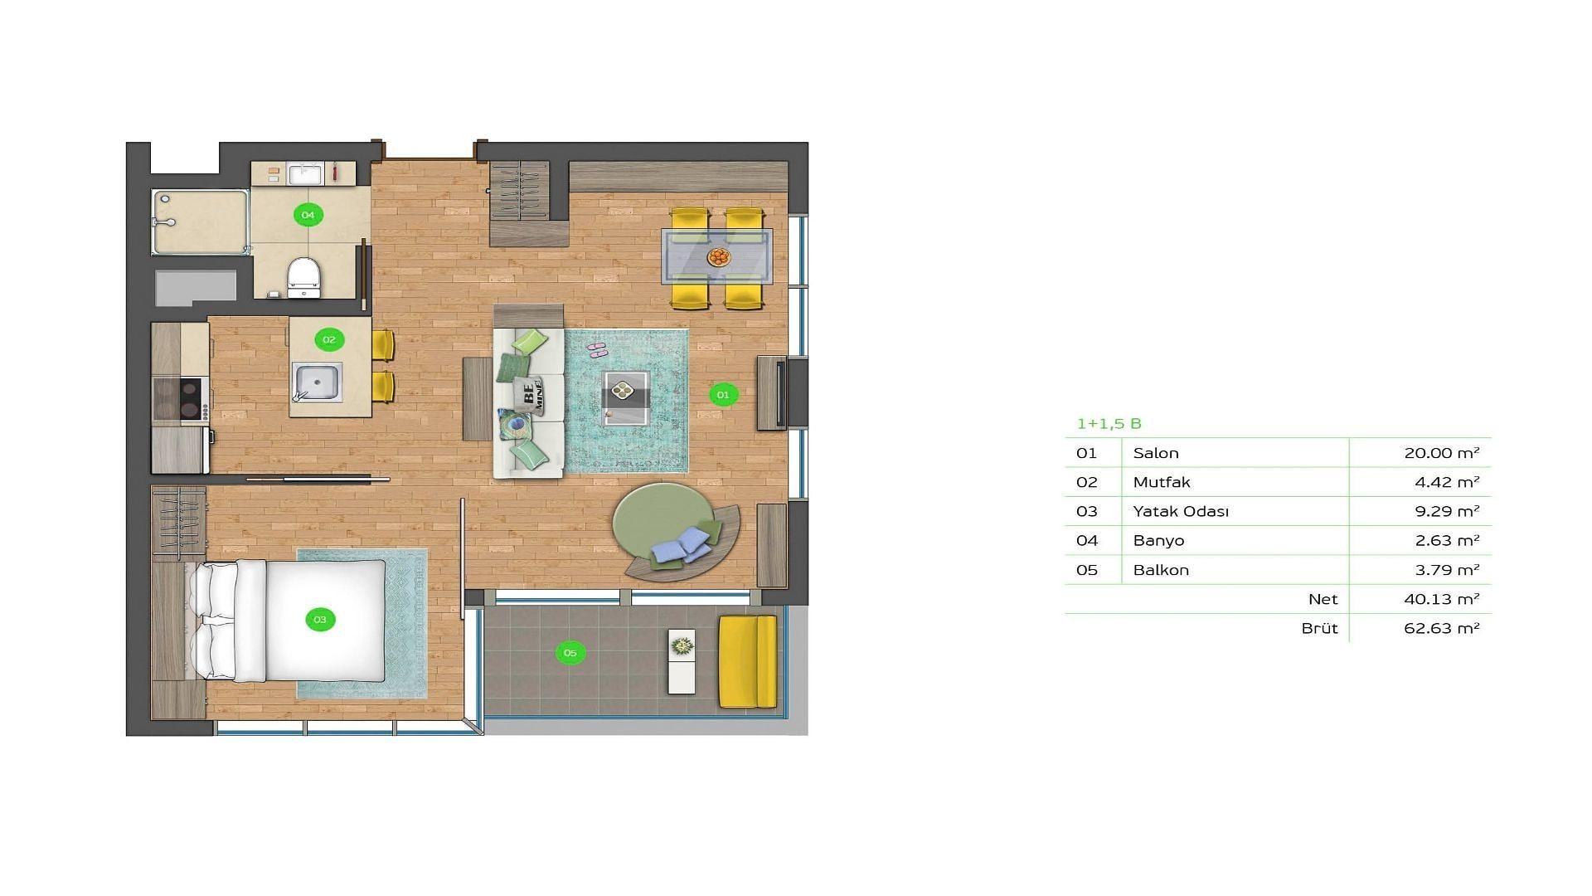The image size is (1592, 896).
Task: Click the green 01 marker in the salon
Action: tap(723, 395)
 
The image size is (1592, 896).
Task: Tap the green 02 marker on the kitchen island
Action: tap(329, 339)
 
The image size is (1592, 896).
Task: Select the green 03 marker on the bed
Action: tap(320, 620)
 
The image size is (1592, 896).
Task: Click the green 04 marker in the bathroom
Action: tap(308, 215)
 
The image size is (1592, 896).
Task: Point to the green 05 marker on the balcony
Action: tap(570, 653)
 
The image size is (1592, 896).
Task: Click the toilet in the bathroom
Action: tap(303, 276)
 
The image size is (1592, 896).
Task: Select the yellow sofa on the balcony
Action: tap(747, 661)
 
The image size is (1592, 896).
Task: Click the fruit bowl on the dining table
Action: tap(719, 256)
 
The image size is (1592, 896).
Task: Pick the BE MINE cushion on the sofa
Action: tap(528, 393)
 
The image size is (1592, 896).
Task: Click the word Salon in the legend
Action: tap(1156, 453)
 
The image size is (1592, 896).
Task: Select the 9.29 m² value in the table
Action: tap(1447, 511)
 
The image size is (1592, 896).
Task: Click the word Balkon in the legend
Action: tap(1161, 570)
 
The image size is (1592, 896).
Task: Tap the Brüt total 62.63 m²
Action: tap(1442, 628)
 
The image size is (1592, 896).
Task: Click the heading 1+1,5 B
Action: tap(1109, 424)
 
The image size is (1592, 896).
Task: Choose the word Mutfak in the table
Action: tap(1162, 482)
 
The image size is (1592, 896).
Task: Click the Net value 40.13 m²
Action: tap(1442, 599)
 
